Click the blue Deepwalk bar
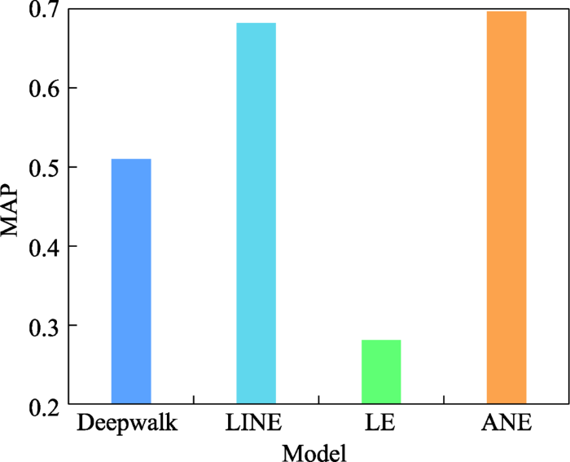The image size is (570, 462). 130,281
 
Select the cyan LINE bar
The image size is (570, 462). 256,213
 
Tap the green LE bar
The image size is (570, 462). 381,372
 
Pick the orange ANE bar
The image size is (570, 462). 506,208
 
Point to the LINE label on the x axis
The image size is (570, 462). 255,424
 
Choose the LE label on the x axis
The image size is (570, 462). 380,424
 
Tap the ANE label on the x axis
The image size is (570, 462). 506,424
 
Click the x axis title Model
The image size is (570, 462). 317,451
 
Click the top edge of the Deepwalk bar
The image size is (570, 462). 130,160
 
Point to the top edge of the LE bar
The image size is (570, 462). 381,341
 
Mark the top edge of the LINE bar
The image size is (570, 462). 256,24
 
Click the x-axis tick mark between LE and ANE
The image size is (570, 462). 443,399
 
